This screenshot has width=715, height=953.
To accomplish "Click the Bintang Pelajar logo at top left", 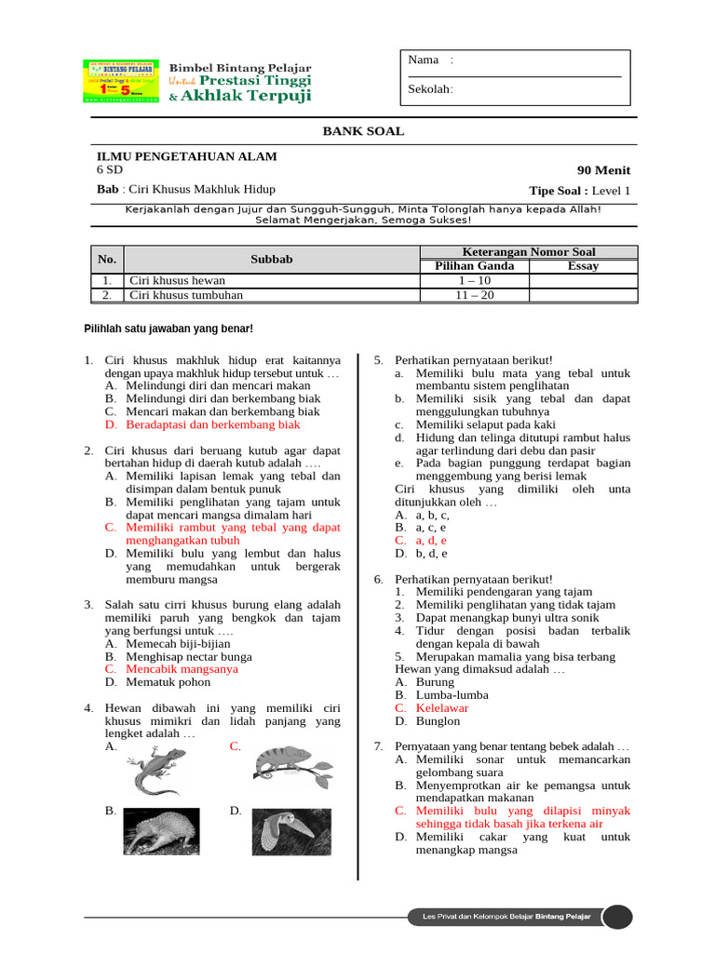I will point(120,82).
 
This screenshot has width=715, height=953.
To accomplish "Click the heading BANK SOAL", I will point(363,131).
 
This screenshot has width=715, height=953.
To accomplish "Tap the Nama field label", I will point(424,60).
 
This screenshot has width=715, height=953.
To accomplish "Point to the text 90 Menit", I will point(603,170).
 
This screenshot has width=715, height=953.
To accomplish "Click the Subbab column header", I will point(271,260).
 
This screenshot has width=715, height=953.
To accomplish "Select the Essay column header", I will point(583,266).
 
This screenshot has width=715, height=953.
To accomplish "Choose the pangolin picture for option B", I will point(161,830).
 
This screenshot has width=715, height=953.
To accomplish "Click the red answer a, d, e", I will point(431,540).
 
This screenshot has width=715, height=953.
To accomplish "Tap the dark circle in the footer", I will point(616,918).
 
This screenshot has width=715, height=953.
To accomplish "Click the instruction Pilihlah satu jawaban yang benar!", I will point(169,329).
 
